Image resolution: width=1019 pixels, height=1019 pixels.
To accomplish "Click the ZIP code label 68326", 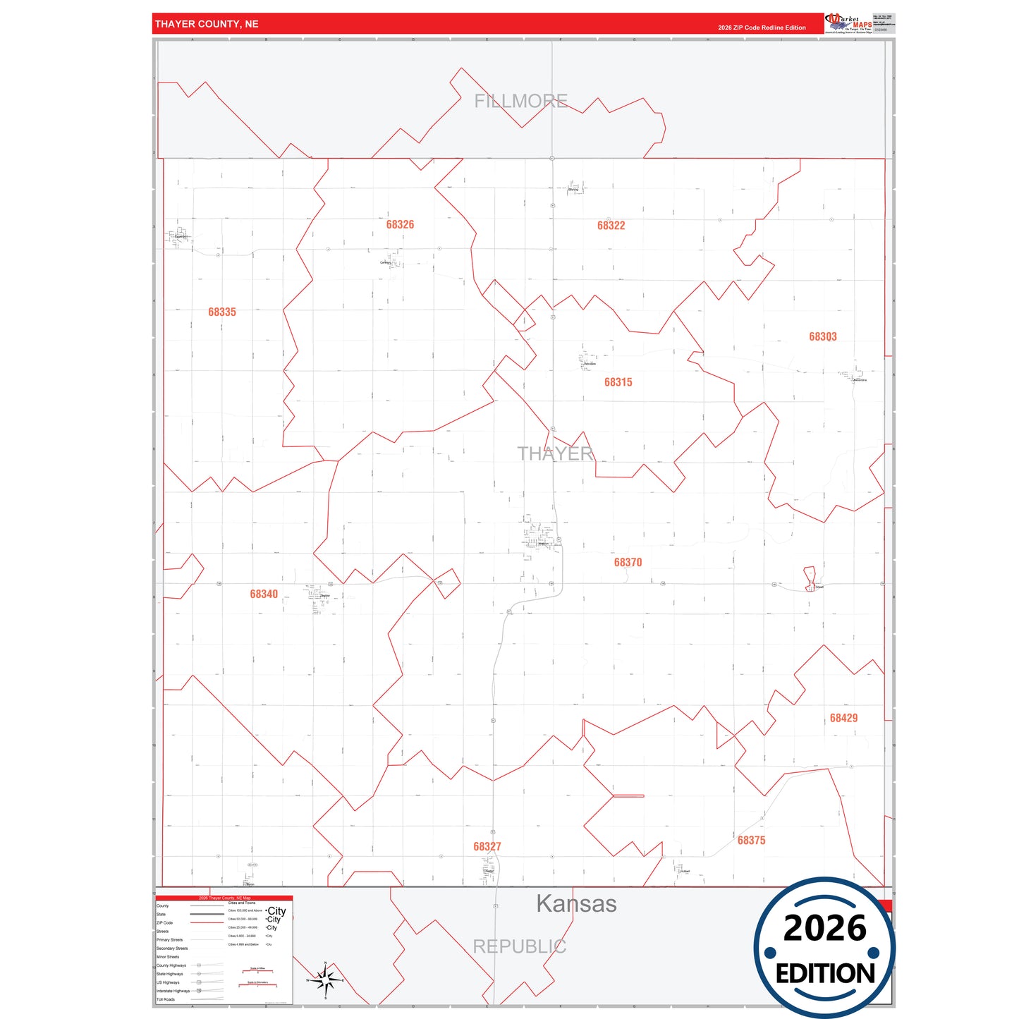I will coord(400,224).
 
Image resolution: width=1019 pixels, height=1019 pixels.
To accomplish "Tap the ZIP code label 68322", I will coord(611,226).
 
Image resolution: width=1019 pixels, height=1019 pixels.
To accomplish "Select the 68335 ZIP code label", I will coord(222,312).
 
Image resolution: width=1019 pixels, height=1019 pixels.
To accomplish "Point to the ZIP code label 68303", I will coord(822,337).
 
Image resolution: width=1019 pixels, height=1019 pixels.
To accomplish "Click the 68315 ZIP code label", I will coord(618,382).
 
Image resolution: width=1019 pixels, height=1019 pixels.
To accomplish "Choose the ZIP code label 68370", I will coord(628,562).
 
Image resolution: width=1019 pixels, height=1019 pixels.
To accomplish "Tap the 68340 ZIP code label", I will coord(264,594).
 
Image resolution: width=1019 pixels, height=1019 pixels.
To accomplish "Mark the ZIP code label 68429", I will coord(843,718).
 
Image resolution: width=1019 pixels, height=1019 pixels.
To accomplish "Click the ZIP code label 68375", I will coord(751,841).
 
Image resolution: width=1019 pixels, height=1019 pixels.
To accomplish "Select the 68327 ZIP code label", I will coord(487,846).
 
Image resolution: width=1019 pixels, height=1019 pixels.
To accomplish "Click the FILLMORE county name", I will coord(520,102).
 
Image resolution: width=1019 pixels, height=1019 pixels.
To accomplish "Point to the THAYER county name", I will coord(555,453).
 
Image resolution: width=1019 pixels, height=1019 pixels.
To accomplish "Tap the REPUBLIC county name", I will coord(519,946).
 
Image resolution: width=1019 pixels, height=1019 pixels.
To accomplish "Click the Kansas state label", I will coord(576,904).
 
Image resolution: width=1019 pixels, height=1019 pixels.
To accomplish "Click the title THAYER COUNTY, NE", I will coord(207,24).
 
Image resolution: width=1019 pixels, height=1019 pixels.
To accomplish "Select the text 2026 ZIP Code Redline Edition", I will coord(762,28).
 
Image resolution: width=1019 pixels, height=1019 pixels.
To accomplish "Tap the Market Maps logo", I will coord(848,23).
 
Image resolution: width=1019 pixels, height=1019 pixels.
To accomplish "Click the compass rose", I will coord(324,980).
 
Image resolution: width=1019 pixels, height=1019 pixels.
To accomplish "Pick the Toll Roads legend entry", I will coord(166,999).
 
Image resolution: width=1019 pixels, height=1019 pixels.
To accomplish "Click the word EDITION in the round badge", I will coord(825,974).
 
